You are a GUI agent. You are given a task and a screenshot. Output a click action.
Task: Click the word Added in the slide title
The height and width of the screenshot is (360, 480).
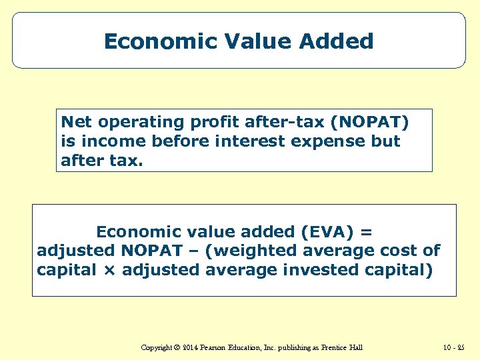tap(336, 41)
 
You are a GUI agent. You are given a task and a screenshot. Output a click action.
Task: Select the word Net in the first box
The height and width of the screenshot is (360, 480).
tap(75, 122)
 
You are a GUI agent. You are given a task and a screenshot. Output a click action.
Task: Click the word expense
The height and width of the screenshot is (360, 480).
tap(311, 141)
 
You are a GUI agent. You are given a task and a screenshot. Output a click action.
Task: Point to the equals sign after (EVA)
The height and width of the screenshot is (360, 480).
tap(367, 232)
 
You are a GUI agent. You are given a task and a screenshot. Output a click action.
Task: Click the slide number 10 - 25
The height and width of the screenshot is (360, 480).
tap(453, 347)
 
